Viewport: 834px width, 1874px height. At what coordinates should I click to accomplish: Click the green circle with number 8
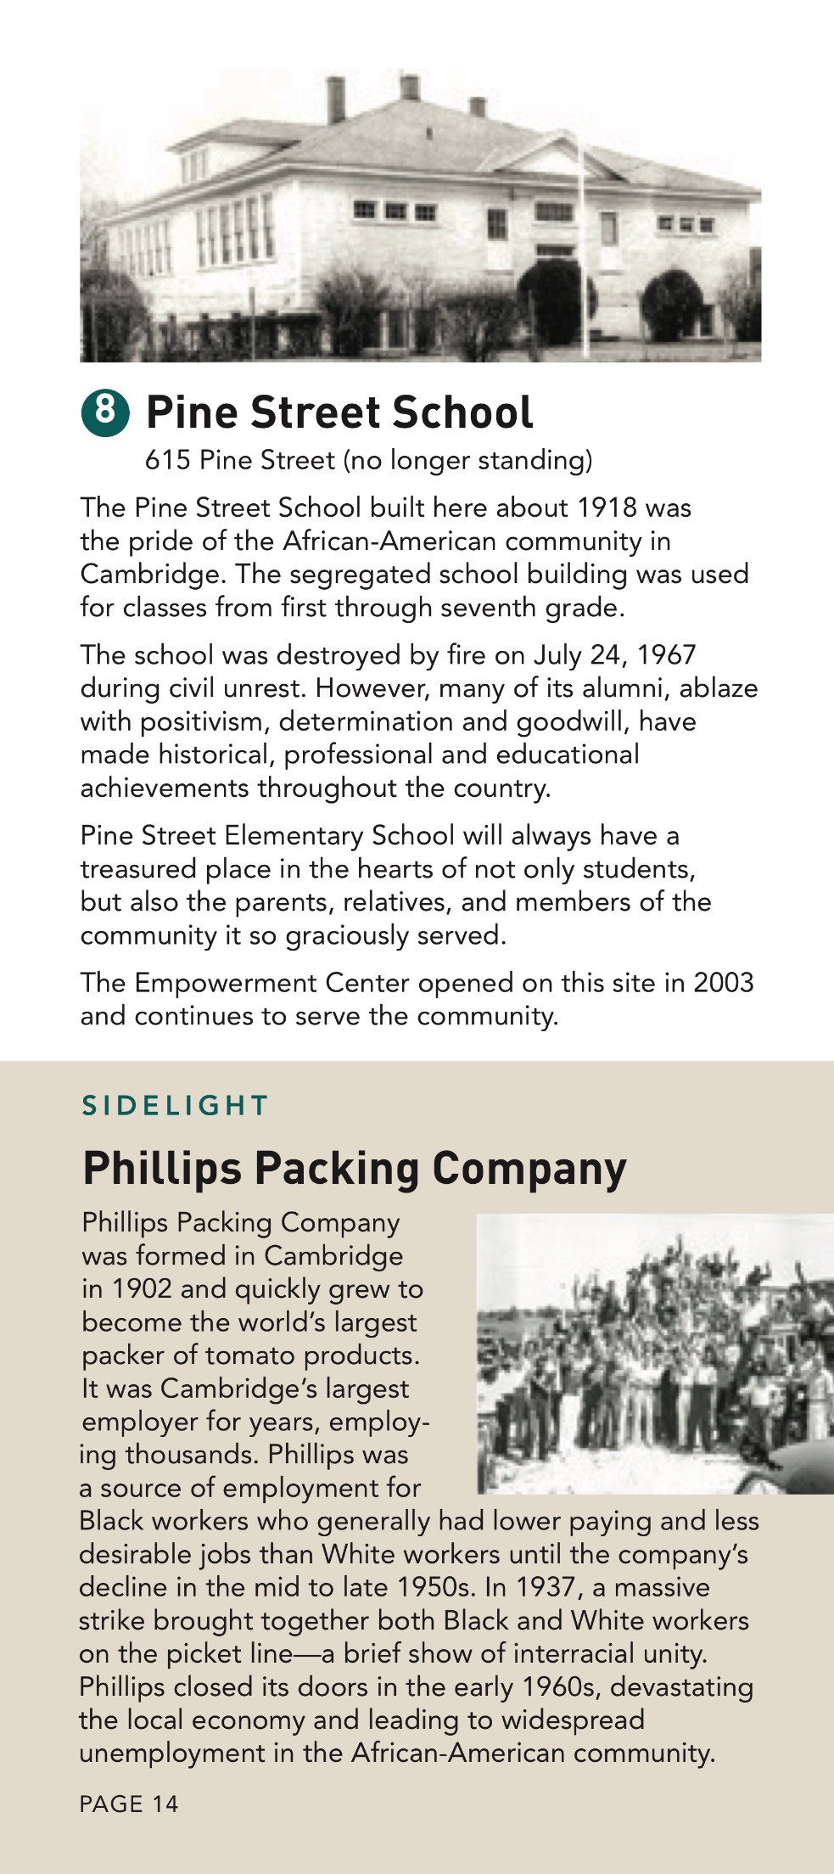105,412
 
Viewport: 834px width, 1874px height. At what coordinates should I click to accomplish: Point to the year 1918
606,508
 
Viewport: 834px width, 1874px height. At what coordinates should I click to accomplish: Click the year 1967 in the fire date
666,654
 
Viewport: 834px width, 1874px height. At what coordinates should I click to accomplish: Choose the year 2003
723,983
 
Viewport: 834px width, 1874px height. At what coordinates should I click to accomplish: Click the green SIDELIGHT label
175,1105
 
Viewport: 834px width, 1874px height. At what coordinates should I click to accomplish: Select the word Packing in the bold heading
337,1168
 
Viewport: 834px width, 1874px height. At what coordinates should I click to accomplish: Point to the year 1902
142,1288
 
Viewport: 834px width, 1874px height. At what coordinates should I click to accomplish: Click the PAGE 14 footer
129,1804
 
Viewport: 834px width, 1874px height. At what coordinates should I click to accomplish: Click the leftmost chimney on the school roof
337,100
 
